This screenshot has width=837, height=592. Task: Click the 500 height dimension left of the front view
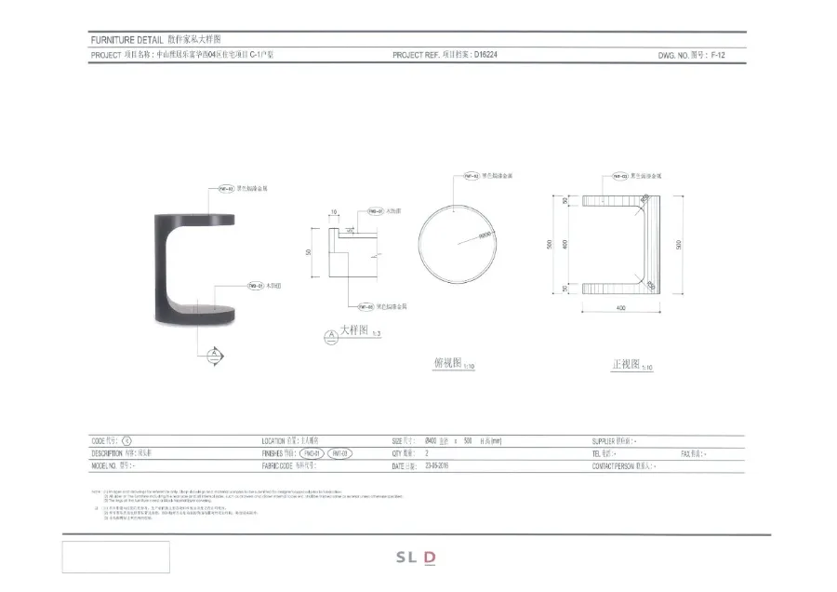[551, 244]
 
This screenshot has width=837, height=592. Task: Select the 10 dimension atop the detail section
[334, 212]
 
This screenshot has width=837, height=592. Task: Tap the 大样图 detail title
[354, 330]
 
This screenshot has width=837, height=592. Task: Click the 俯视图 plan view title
[447, 364]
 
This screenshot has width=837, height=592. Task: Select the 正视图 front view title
[626, 364]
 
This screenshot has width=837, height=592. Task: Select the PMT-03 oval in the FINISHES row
[339, 453]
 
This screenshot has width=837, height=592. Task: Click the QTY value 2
[426, 453]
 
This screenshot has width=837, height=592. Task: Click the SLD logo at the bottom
[416, 558]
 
